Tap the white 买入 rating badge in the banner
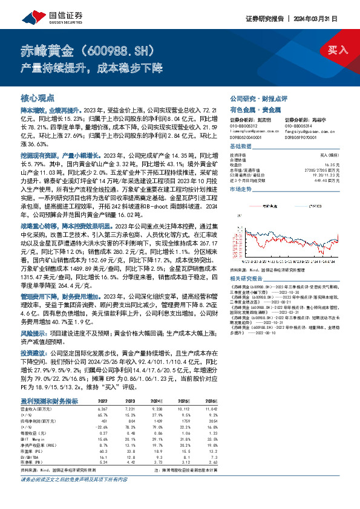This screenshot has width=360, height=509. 338,50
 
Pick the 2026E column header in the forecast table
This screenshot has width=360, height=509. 210,400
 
